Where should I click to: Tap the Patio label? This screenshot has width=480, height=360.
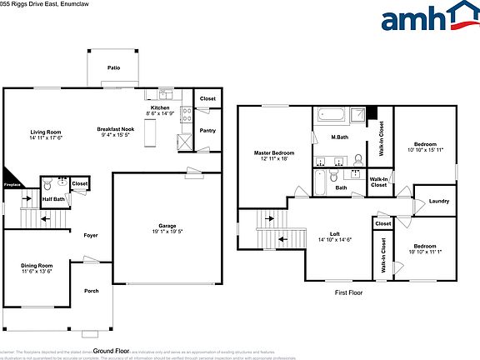point(113,67)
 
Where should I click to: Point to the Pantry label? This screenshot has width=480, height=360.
point(207,130)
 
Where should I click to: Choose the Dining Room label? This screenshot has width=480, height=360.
point(37,267)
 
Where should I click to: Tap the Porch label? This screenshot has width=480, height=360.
point(91,291)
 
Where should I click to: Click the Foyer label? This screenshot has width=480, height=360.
point(91,236)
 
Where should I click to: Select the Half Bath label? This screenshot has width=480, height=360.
point(53,199)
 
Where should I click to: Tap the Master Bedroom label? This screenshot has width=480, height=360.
point(273,156)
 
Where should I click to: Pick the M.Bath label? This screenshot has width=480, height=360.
point(339,137)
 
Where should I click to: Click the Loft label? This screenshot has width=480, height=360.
point(333,236)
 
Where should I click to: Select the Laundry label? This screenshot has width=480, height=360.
point(439,202)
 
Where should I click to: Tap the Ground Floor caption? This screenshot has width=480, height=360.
point(111,351)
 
